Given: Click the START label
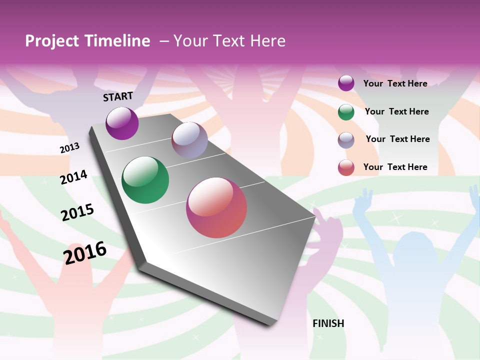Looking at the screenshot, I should click(x=118, y=96).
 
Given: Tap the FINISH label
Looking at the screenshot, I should click(x=328, y=323).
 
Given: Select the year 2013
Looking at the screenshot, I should click(x=69, y=148).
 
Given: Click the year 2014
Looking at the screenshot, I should click(x=73, y=177).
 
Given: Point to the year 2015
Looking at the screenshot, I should click(x=77, y=212).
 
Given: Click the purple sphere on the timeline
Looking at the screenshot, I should click(x=122, y=123).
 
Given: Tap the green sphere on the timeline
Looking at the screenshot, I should click(x=145, y=180).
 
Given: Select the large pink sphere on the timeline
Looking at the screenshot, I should click(x=216, y=207).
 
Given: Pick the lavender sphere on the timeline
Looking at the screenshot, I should click(x=189, y=140).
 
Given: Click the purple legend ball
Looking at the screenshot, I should click(x=346, y=83).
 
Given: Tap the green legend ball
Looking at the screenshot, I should click(x=346, y=112).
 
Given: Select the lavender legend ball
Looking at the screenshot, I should click(x=346, y=140).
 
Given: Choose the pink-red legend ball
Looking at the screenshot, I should click(x=346, y=167).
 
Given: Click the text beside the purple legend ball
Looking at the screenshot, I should click(x=395, y=83).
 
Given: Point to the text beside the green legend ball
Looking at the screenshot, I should click(x=396, y=111).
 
